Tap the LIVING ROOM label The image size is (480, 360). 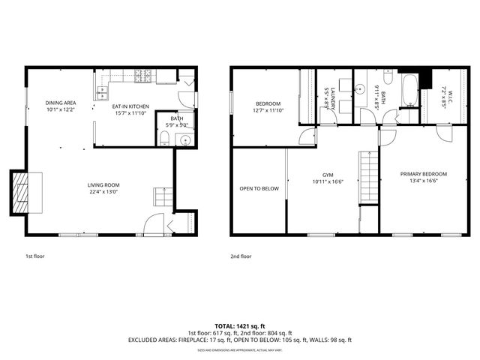103,185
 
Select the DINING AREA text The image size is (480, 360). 60,103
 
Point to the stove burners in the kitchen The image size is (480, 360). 142,74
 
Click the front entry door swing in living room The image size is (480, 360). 154,224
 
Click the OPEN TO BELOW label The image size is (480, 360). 259,188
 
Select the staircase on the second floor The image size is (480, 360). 367,176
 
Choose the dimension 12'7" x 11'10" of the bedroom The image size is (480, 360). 268,110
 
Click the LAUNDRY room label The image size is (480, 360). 325,97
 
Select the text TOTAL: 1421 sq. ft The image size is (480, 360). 239,325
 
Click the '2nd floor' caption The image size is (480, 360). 241,256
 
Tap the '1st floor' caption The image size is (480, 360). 34,256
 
